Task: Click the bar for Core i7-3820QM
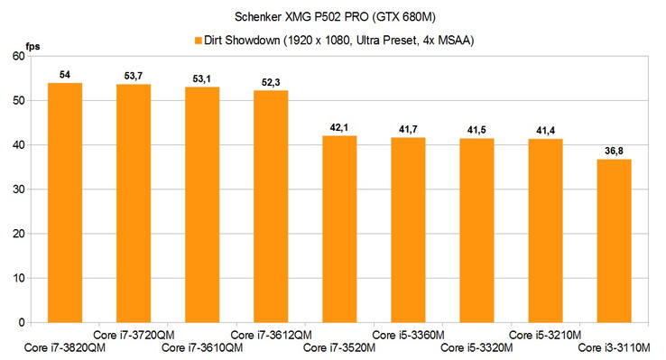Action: (x=65, y=202)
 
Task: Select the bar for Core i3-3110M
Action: (x=615, y=240)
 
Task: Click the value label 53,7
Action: (x=134, y=76)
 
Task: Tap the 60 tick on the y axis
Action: (x=20, y=56)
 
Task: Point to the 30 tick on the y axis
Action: (x=20, y=189)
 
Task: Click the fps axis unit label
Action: (x=32, y=44)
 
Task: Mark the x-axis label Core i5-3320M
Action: (x=476, y=348)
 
